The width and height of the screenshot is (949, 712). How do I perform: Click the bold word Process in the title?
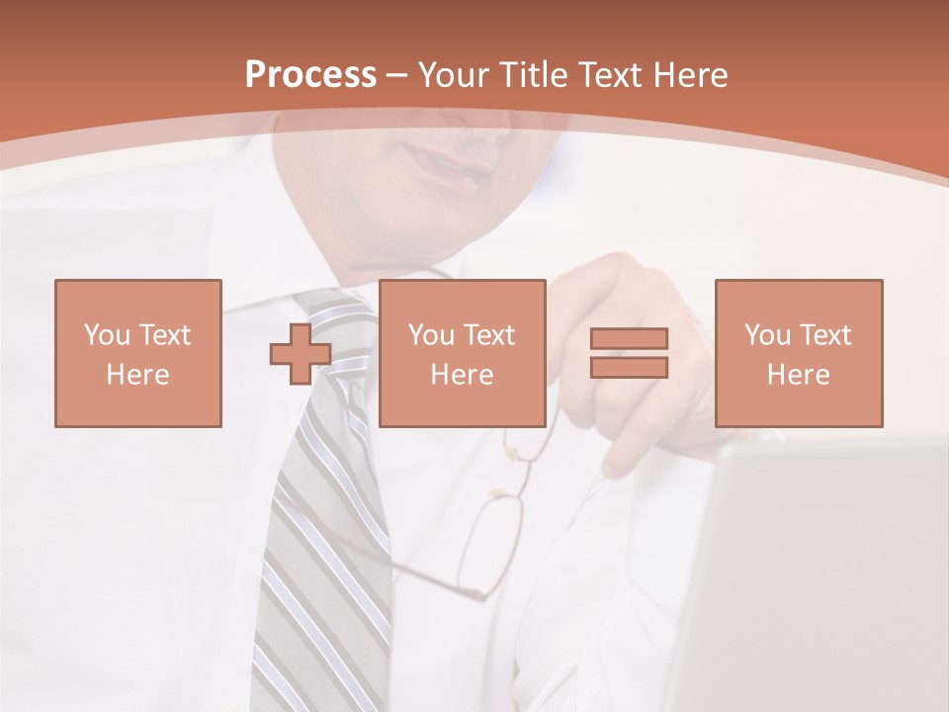coord(310,75)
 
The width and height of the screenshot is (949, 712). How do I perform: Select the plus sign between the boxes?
coord(301,354)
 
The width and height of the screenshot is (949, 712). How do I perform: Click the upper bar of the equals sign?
coord(629,338)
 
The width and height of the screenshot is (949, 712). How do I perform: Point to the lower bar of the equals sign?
coord(629,368)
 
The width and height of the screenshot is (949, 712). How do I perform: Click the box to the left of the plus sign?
coord(138,353)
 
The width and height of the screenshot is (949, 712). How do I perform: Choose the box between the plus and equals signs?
coord(463,353)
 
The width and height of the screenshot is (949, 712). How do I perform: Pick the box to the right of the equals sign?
coord(799,353)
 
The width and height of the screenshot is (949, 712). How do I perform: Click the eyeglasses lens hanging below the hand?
coord(489,544)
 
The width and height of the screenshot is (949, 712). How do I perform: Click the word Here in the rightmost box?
coord(799,375)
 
